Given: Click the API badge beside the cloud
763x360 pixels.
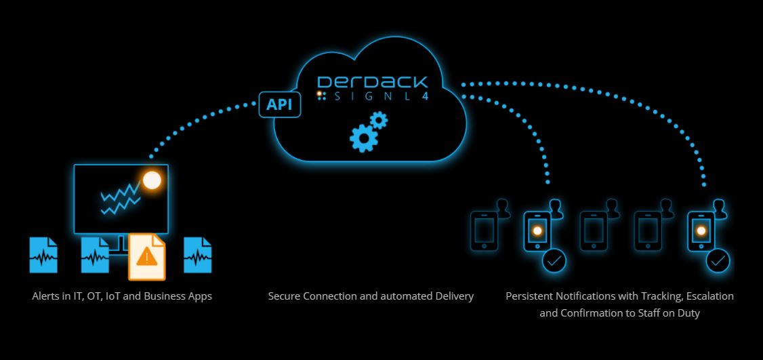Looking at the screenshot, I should pos(280,105).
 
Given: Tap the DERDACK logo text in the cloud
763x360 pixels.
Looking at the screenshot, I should pos(372,83).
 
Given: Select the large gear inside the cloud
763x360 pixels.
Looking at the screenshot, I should pos(363,138).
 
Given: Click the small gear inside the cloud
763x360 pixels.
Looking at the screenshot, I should pos(379,121).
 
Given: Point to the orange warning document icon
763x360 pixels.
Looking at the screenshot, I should pos(147,257).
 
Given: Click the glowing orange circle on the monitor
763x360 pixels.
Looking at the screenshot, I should pos(152,180).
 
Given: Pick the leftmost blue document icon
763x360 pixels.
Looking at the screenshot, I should pos(43,255).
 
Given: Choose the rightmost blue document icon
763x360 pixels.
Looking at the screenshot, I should pos(198,255).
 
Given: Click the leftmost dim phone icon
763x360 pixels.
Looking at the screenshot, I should pos(484,231).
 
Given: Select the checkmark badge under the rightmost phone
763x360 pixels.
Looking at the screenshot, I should pos(718,260).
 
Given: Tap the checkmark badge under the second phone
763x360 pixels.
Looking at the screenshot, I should pos(554,260).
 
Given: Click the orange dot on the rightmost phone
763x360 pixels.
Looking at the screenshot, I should pos(701,231).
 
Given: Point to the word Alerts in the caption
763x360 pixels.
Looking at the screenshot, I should pos(45,296).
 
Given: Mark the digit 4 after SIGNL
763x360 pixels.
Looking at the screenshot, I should pos(425,97).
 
